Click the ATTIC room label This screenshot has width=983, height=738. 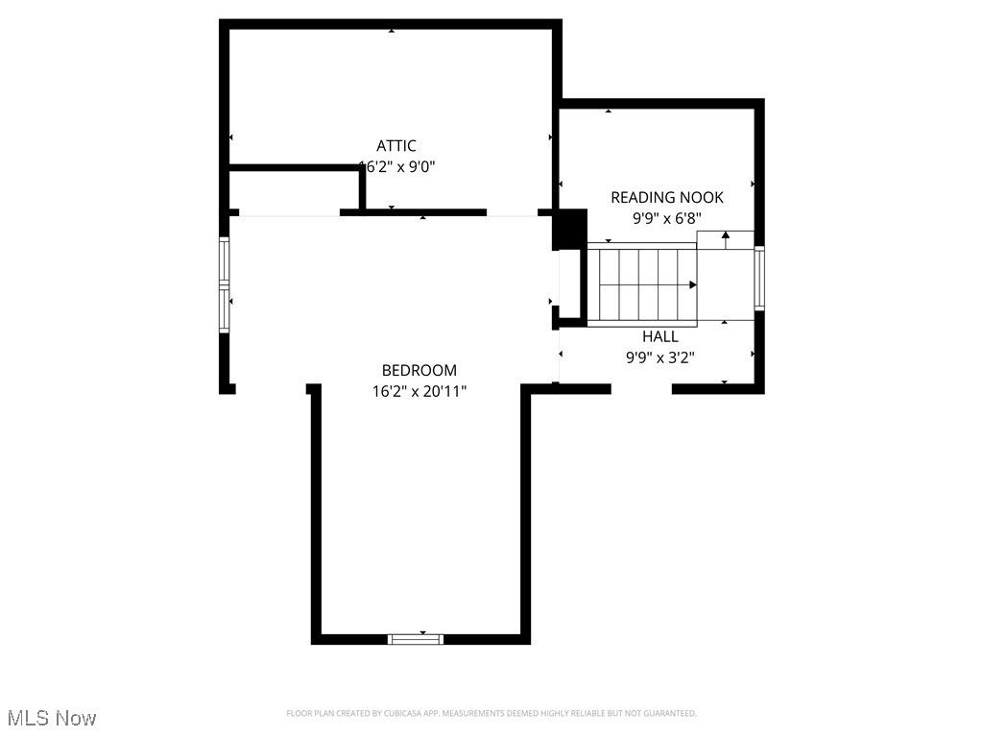(x=396, y=146)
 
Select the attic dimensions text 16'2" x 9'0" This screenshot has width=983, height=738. (x=397, y=166)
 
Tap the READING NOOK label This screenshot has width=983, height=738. (x=667, y=198)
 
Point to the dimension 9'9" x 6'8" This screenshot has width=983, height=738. (x=667, y=218)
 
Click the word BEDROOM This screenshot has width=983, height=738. (x=420, y=370)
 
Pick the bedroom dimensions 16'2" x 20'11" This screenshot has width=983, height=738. (x=420, y=391)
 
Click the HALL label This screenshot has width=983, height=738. (x=660, y=336)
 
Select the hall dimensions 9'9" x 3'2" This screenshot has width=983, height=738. (x=660, y=357)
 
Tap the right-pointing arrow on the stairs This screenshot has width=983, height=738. (x=692, y=285)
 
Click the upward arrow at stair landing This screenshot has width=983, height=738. (x=725, y=234)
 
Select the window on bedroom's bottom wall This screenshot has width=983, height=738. (x=416, y=638)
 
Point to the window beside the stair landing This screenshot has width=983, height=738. (x=758, y=279)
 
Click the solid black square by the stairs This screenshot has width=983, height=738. (x=572, y=230)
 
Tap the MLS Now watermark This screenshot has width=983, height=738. (x=52, y=718)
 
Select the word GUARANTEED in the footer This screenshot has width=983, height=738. (x=672, y=714)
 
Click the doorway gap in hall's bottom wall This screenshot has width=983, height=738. (x=641, y=389)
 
